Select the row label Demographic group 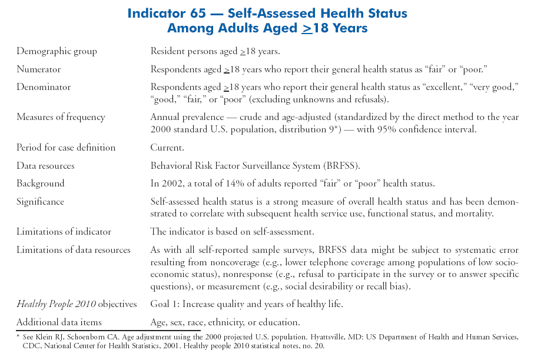(57, 51)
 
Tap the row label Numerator (38, 69)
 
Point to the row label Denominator (44, 87)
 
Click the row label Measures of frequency (61, 117)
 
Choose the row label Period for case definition (66, 147)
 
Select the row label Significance (40, 202)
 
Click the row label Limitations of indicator (64, 232)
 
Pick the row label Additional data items (59, 322)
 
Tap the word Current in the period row (167, 147)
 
